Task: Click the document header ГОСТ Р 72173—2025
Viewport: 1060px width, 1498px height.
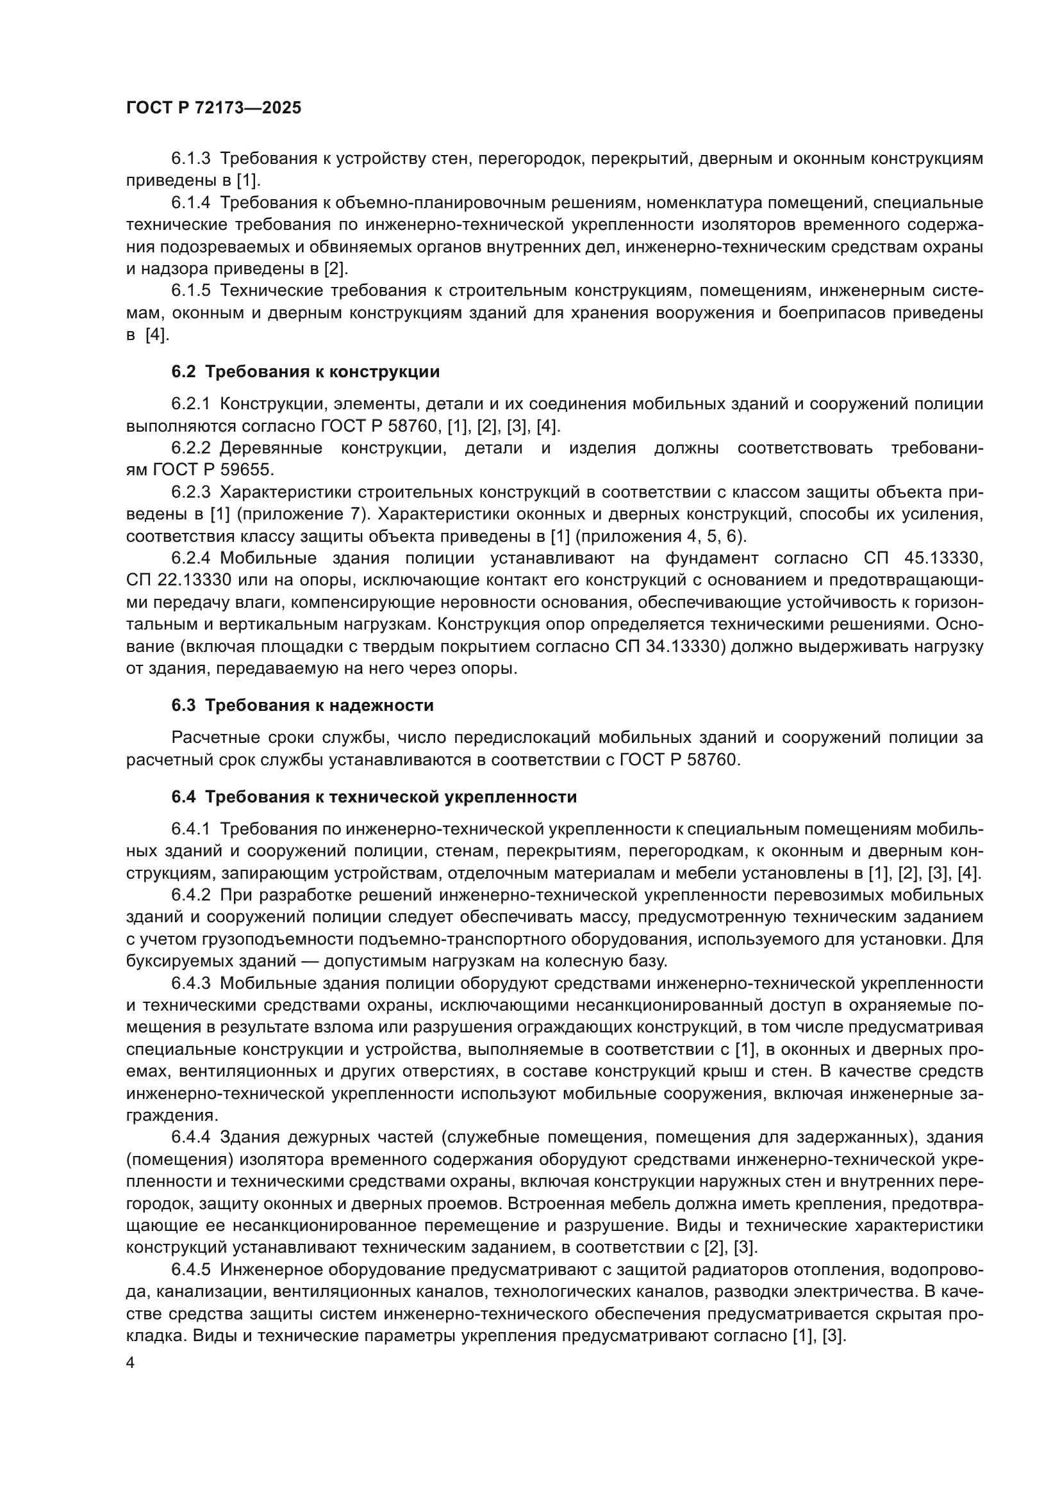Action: [x=213, y=108]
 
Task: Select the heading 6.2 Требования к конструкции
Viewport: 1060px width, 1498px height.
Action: [x=306, y=372]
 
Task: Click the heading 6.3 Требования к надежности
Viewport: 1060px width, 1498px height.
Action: [x=302, y=705]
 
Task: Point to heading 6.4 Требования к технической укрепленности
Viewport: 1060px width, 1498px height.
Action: [x=374, y=797]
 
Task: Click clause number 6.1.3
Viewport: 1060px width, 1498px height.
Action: [x=190, y=159]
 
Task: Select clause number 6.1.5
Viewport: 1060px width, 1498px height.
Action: [x=190, y=290]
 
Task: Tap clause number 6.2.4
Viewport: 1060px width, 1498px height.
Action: [x=190, y=558]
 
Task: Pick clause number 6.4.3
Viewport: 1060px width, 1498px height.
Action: [x=190, y=983]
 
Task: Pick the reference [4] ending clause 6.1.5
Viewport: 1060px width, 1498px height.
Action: [x=156, y=336]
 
